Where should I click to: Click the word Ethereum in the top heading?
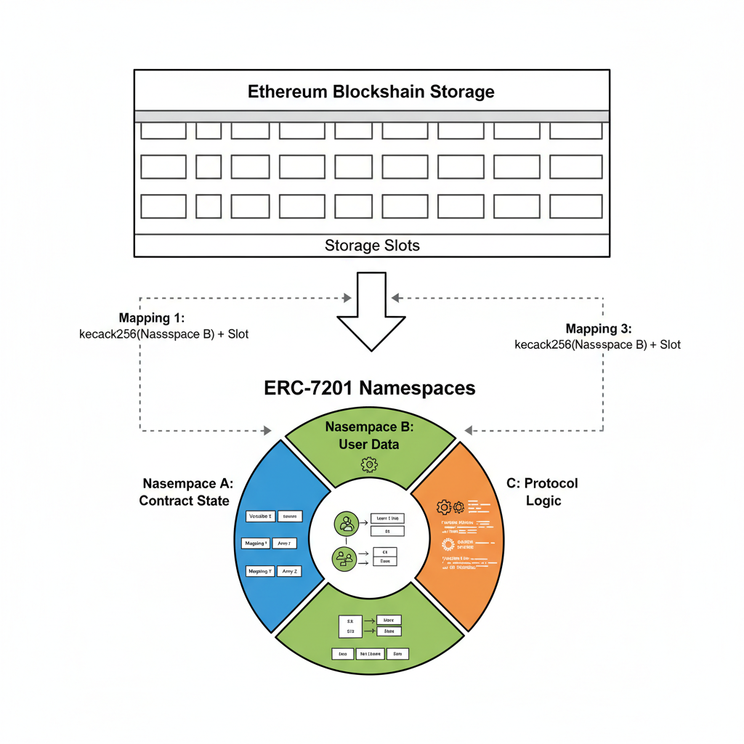pos(288,92)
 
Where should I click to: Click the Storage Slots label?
pos(371,246)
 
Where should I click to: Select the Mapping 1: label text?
pos(152,318)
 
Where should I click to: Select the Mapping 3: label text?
pos(598,328)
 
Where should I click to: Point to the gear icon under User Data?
pos(369,464)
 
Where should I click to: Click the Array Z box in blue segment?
pos(286,571)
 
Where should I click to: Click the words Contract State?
pos(184,501)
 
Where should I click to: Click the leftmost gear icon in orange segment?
pos(443,507)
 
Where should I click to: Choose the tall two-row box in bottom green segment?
pos(349,627)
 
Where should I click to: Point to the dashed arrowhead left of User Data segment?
pos(267,431)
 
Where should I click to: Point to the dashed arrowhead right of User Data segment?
pos(469,431)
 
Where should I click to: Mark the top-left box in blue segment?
pos(259,517)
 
